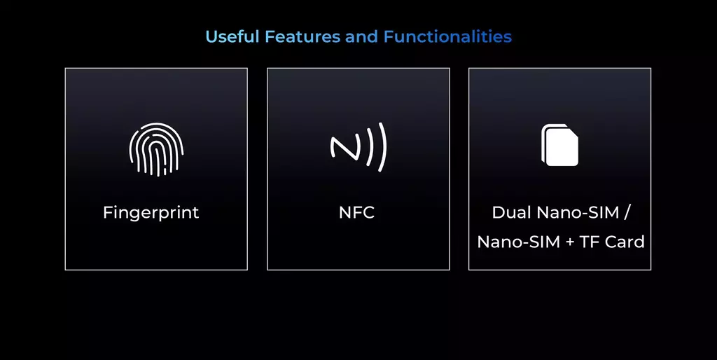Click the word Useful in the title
pos(232,36)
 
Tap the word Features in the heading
pos(302,36)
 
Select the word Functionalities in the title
pos(447,36)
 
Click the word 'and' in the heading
pos(362,36)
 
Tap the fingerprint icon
pos(156,149)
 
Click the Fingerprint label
pos(151,212)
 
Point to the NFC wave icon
pos(358,147)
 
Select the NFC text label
pos(356,212)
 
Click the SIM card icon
pos(560,145)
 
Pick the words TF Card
pos(612,242)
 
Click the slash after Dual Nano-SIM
pos(627,213)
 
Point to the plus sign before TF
pos(569,242)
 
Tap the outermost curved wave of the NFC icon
pos(382,147)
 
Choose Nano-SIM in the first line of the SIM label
pos(578,212)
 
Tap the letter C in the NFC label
pos(368,212)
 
